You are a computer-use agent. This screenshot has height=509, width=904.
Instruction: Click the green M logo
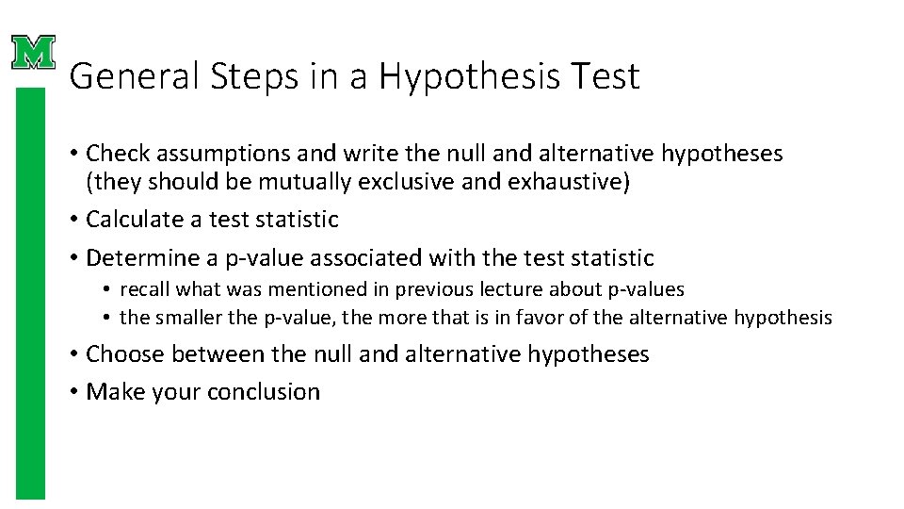pos(34,53)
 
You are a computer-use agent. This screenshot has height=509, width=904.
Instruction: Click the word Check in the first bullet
pos(113,154)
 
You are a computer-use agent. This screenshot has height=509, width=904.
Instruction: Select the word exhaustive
pos(564,182)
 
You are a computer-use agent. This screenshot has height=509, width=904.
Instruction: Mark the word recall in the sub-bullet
pos(145,289)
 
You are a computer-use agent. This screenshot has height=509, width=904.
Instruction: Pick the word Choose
pos(121,354)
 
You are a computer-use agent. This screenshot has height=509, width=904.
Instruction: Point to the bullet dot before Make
pos(73,392)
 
